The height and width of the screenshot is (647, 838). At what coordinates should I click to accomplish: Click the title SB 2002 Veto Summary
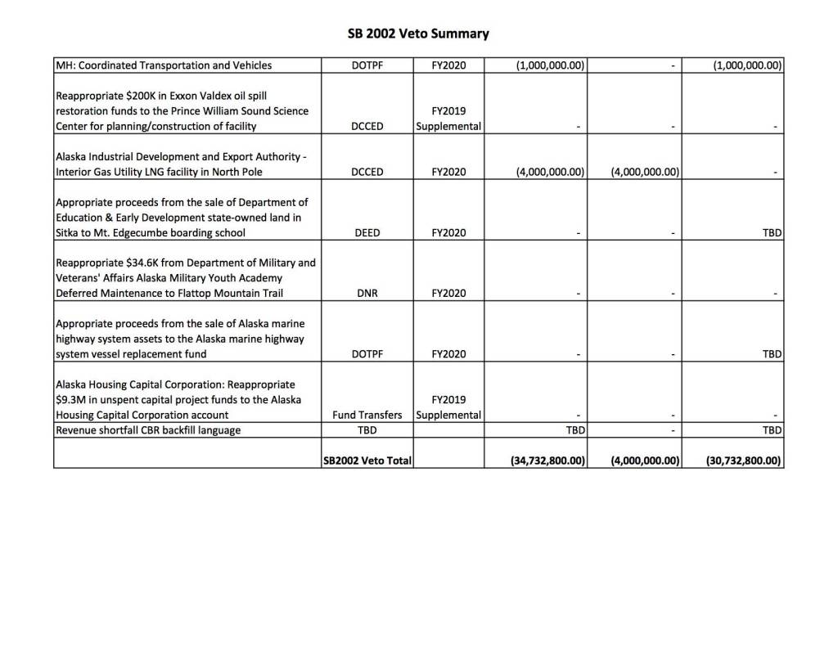418,34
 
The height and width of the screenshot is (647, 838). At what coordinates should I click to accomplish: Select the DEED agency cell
367,233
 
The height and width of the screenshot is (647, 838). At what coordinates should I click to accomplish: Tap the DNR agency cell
367,294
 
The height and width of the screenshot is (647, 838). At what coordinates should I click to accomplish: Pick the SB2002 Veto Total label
367,461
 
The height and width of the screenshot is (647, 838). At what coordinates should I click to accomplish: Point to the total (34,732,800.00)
547,461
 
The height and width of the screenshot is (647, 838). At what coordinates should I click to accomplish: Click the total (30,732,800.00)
744,461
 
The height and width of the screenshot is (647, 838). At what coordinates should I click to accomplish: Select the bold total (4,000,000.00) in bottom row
646,461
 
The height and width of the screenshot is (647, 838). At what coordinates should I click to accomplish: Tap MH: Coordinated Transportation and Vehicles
164,65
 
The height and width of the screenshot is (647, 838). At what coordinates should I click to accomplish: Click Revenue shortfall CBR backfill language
148,430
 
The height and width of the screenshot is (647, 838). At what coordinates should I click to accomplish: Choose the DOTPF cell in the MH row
367,65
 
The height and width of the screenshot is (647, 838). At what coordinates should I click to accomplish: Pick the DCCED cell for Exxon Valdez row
367,127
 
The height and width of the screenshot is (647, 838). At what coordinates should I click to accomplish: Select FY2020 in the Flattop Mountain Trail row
448,294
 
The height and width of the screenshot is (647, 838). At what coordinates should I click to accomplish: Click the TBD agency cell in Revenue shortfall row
367,430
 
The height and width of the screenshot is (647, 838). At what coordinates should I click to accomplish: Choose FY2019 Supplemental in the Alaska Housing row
448,407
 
